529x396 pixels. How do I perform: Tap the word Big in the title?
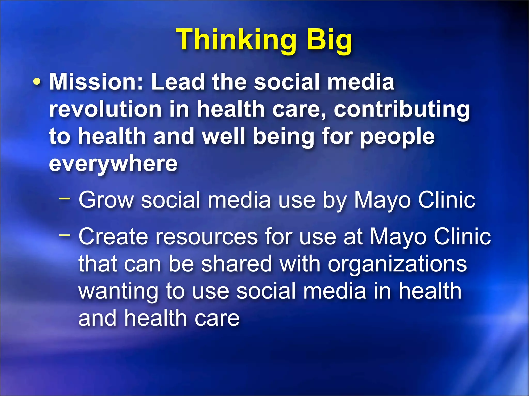329,40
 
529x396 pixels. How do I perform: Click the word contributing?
402,109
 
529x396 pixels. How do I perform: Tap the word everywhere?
113,164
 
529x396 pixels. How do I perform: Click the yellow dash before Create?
64,235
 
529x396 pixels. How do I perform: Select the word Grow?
106,200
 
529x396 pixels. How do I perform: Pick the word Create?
113,237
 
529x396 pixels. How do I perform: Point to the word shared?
236,264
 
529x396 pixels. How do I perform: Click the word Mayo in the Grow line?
382,200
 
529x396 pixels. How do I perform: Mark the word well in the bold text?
223,137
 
